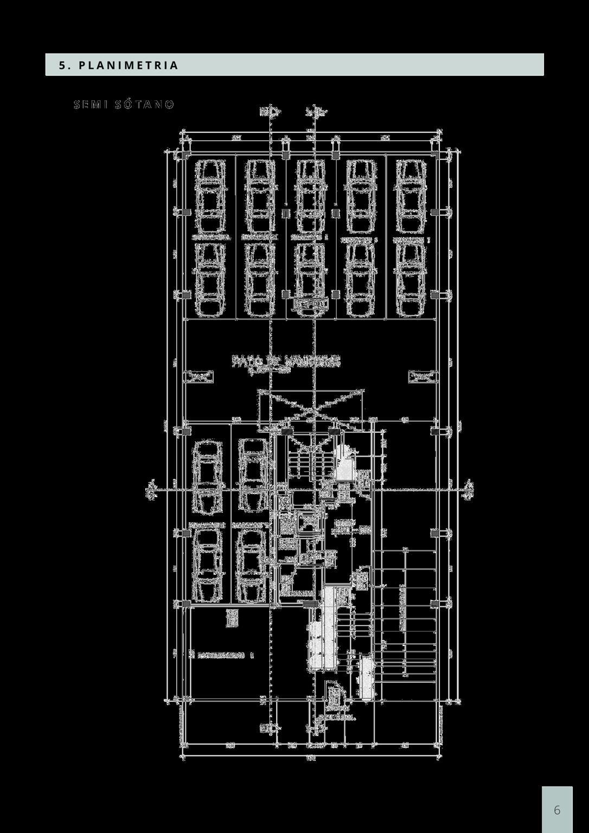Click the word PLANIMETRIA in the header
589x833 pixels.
click(129, 66)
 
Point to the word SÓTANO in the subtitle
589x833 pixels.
click(145, 105)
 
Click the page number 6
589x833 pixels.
click(557, 810)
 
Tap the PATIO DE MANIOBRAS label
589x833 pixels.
click(286, 361)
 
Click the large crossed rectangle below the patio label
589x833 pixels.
click(311, 411)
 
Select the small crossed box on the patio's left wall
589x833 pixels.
click(199, 376)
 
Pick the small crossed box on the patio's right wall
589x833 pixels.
click(422, 376)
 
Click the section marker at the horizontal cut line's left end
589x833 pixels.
click(151, 490)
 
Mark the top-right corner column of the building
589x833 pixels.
click(437, 156)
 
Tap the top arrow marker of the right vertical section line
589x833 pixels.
click(317, 112)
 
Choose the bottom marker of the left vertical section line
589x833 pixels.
click(270, 728)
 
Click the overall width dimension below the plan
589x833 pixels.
click(311, 758)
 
